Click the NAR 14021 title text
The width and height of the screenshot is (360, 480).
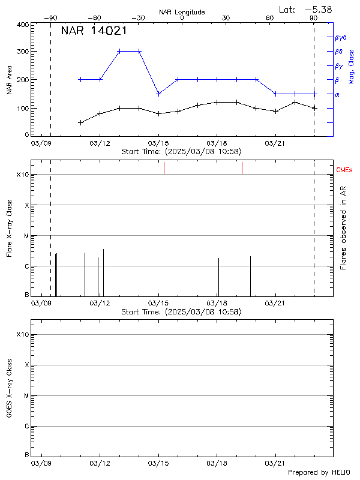(x=92, y=31)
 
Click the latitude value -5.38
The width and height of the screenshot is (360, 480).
(x=318, y=9)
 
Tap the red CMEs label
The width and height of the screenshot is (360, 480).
(x=344, y=170)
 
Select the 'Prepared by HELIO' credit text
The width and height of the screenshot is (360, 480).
(x=319, y=472)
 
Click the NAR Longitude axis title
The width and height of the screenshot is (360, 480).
(x=182, y=12)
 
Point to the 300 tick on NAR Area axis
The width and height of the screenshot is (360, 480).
(x=22, y=51)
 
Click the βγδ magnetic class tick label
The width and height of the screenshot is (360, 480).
(x=340, y=37)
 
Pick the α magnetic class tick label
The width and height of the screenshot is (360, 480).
(x=337, y=94)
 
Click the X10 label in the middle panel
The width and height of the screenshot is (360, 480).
(x=23, y=175)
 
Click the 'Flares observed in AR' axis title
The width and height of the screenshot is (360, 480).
(x=343, y=227)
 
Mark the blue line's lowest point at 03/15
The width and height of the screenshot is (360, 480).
(x=158, y=94)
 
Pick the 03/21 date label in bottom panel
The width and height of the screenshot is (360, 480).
(x=274, y=463)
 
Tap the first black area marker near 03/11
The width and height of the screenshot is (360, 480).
(x=80, y=122)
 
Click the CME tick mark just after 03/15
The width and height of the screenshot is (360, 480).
(x=164, y=168)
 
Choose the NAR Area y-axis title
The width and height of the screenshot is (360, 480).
(x=8, y=80)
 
